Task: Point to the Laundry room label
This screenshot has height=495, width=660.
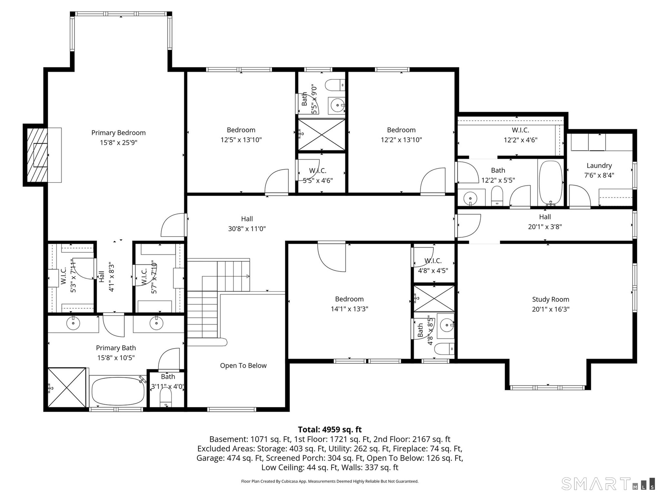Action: tap(599, 166)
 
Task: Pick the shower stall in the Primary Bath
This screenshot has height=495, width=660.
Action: tap(67, 387)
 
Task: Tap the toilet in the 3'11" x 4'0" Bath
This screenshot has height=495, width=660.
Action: tap(166, 398)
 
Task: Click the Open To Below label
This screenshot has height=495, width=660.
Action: tap(243, 365)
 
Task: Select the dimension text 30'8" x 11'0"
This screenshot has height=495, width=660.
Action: tap(247, 229)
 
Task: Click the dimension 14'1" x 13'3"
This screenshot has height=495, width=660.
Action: tap(349, 309)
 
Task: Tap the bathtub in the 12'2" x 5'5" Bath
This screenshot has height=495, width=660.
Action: tap(551, 183)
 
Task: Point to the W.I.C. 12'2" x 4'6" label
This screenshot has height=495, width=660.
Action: tap(520, 135)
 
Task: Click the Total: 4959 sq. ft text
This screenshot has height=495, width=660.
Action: tap(330, 429)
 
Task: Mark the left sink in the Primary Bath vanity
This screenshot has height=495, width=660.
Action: tap(73, 323)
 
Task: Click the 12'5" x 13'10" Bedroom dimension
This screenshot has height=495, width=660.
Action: tap(241, 140)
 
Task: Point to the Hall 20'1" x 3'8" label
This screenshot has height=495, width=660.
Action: tap(545, 222)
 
